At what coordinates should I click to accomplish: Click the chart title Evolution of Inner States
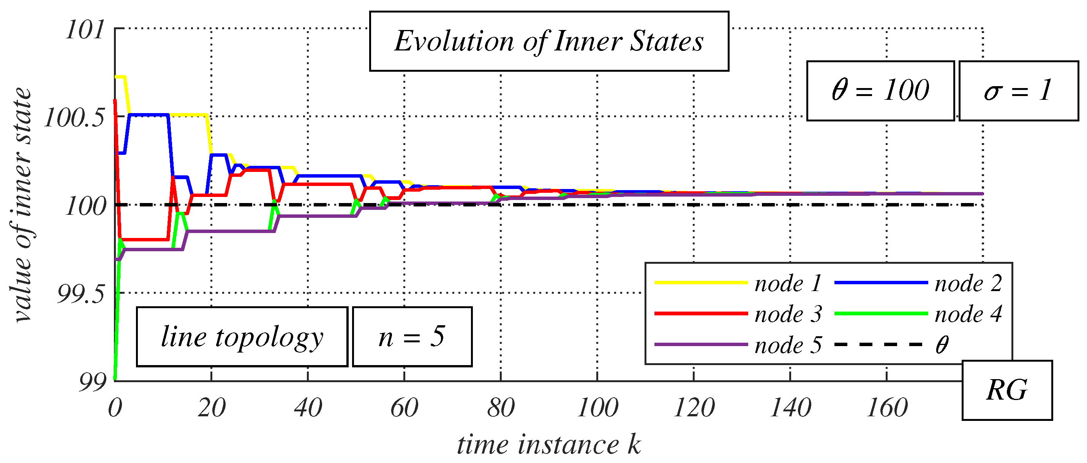pos(549,41)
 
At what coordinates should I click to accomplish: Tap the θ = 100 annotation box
pos(880,91)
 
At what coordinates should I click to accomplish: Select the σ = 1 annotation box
pos(1018,91)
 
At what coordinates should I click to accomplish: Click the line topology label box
pos(242,337)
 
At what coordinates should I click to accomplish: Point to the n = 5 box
pos(412,337)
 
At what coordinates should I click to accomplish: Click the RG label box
pos(1007,391)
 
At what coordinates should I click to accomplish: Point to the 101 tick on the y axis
pos(85,30)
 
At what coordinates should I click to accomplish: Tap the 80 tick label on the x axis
pos(501,408)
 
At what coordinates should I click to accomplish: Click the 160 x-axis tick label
pos(887,408)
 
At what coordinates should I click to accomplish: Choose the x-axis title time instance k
pos(549,445)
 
